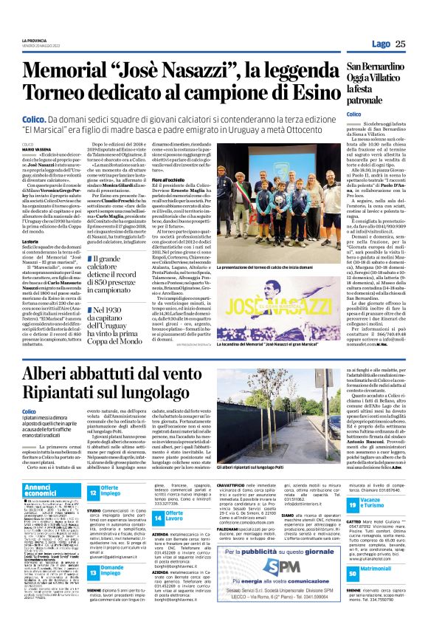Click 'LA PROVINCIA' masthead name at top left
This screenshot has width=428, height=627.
(34, 40)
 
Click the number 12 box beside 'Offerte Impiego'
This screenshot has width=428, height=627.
(94, 492)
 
